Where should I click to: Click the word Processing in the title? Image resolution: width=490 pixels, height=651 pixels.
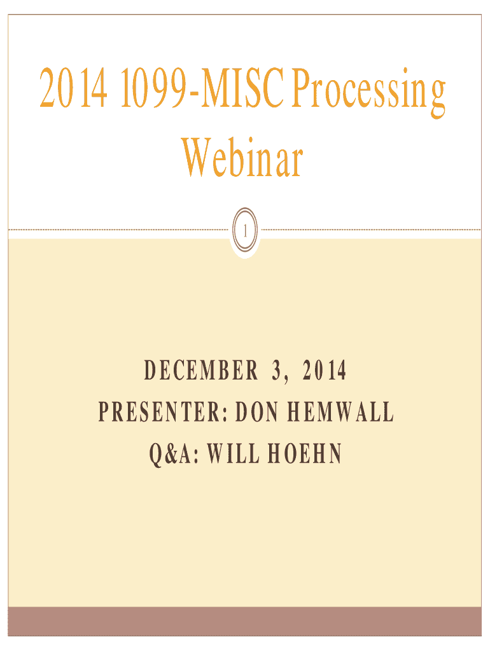[368, 92]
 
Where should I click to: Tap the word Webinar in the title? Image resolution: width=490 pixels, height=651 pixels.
[242, 158]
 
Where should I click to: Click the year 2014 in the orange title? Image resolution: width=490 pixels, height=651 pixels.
[74, 88]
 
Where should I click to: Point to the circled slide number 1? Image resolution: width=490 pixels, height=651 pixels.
[245, 230]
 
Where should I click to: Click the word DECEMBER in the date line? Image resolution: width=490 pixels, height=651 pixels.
[200, 371]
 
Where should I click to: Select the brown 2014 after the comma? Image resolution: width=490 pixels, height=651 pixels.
[324, 371]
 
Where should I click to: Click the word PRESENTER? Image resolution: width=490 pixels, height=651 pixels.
[160, 412]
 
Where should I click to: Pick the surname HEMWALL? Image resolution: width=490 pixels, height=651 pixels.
[340, 412]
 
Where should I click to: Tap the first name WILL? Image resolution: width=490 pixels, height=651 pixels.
[233, 453]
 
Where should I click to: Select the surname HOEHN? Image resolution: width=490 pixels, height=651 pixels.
[305, 453]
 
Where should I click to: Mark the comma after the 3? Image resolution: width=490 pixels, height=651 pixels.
[286, 380]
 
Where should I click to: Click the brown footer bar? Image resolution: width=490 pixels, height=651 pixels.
[245, 622]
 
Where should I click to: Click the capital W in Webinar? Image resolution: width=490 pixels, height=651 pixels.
[197, 158]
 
